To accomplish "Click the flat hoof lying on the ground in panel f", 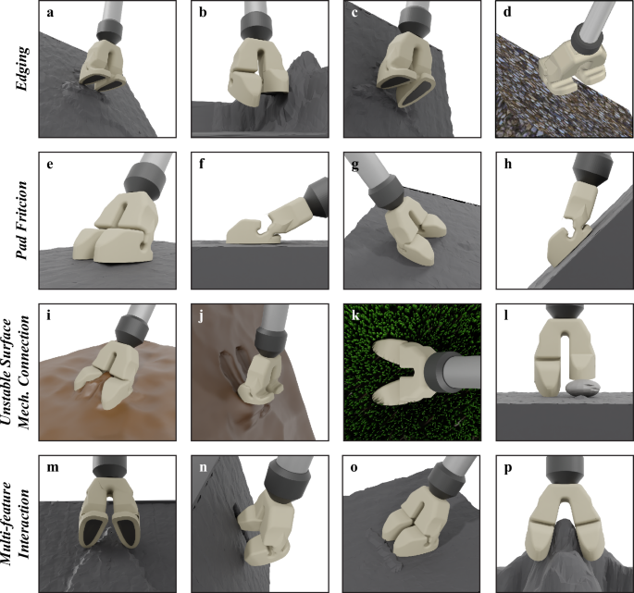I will [x=250, y=228].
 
